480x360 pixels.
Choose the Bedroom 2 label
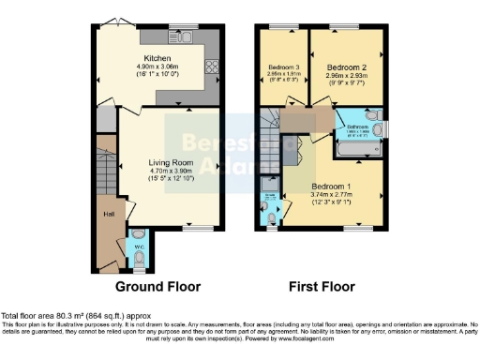point(345,68)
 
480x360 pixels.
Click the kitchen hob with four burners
point(211,67)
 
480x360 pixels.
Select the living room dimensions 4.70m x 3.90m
point(169,172)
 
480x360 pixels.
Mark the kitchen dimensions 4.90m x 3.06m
point(157,67)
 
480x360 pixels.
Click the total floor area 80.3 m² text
point(75,316)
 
